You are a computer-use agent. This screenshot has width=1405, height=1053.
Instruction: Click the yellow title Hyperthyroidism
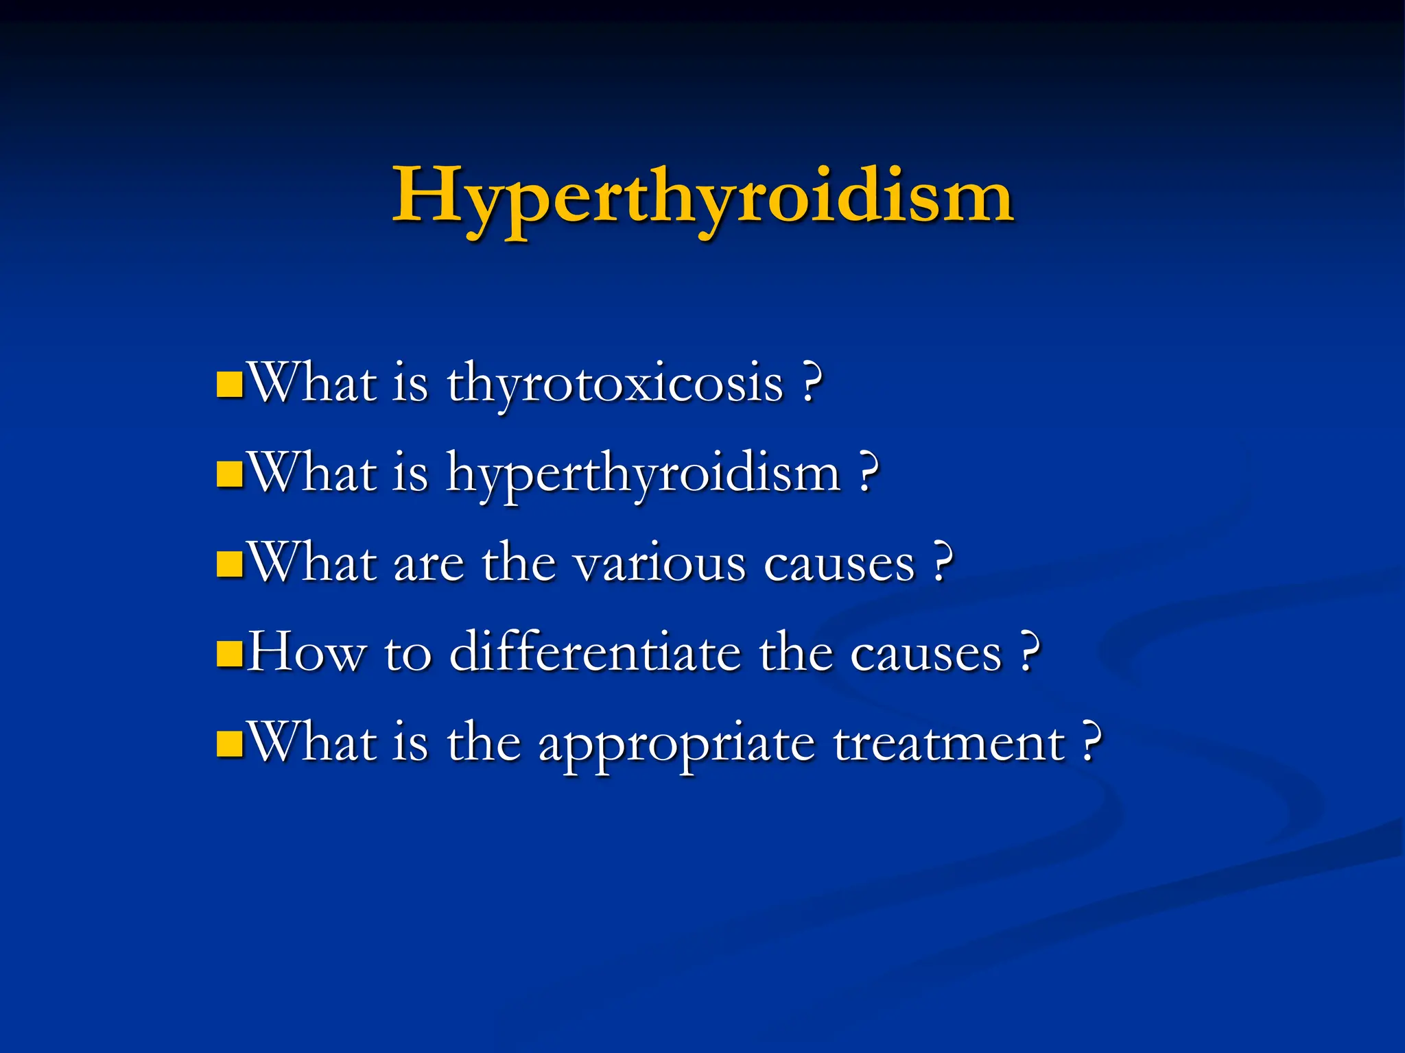[x=702, y=197]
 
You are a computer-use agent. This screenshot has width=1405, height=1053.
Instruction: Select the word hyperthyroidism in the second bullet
[x=644, y=475]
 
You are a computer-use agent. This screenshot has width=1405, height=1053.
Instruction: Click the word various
[x=660, y=564]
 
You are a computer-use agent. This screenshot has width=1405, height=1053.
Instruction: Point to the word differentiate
[x=595, y=653]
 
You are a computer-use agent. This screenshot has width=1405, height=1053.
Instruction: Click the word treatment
[x=949, y=743]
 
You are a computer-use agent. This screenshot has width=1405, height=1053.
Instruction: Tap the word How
[x=306, y=653]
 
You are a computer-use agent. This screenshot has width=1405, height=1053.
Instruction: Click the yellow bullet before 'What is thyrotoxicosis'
[x=229, y=385]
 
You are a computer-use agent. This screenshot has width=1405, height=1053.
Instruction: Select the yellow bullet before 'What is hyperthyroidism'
[x=229, y=474]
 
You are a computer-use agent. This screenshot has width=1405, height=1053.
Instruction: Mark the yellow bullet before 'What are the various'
[x=229, y=564]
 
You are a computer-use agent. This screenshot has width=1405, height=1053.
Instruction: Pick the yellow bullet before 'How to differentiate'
[x=229, y=654]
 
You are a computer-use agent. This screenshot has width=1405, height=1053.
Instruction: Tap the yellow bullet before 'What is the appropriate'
[x=229, y=744]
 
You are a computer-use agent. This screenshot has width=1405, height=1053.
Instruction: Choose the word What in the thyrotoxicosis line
[x=313, y=383]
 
